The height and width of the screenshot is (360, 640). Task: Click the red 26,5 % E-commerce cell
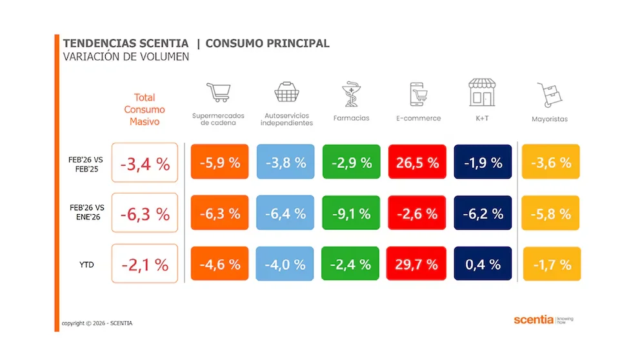tap(417, 162)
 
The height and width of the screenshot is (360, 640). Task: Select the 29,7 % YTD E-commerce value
tap(417, 263)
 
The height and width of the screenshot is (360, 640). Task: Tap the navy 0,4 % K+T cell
tap(483, 263)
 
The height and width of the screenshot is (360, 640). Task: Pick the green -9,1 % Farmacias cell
tap(351, 213)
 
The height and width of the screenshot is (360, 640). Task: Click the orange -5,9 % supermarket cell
tap(219, 162)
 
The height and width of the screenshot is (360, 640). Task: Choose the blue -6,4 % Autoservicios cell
tap(285, 213)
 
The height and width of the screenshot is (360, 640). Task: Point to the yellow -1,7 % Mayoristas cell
tap(551, 264)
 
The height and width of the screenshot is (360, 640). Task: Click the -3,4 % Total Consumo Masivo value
tap(145, 163)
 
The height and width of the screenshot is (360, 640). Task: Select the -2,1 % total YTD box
tap(145, 263)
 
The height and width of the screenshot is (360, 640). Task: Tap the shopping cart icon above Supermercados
tap(218, 93)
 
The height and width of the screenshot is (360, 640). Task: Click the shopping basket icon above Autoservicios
tap(286, 92)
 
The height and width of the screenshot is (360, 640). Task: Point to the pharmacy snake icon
tap(351, 94)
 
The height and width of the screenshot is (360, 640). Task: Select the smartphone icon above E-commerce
tap(418, 94)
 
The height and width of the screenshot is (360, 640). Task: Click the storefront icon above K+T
tap(483, 93)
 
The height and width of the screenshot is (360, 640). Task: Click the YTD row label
tap(86, 263)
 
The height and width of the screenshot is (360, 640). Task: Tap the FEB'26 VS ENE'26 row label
tap(86, 212)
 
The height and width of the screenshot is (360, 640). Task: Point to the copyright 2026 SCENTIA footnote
tap(97, 323)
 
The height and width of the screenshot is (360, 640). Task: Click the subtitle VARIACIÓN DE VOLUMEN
tap(126, 57)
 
